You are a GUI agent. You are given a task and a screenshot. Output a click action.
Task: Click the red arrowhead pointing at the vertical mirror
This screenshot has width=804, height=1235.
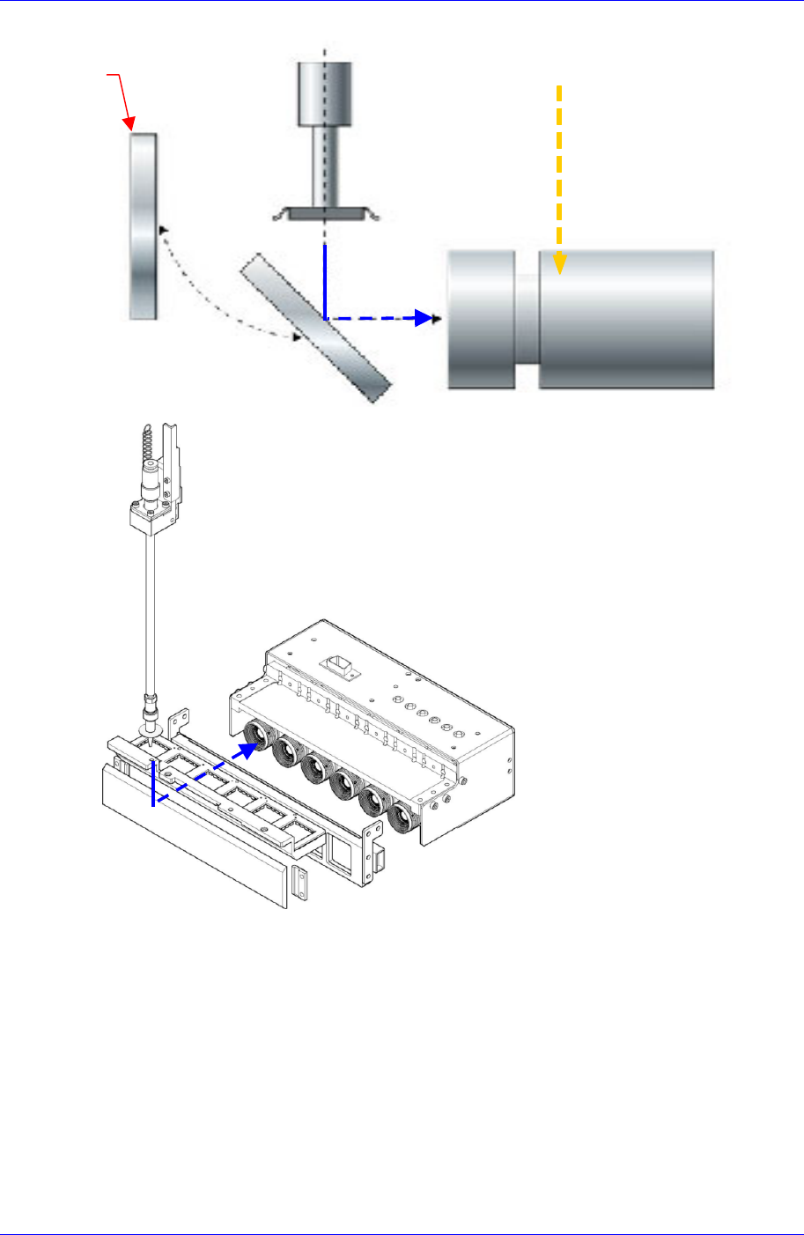[129, 125]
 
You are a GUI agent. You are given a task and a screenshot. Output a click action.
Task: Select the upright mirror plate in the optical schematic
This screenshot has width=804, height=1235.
[144, 226]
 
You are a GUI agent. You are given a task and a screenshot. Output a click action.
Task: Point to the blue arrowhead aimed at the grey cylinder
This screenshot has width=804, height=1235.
[427, 318]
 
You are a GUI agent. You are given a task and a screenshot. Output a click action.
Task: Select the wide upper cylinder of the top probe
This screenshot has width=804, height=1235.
[325, 93]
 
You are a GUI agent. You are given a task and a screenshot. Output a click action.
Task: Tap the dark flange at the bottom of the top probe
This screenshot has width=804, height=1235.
[325, 212]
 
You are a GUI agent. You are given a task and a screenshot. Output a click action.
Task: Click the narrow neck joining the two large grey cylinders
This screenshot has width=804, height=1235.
[527, 320]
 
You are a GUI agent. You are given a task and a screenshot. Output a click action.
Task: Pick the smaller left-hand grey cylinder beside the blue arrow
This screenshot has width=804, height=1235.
[481, 319]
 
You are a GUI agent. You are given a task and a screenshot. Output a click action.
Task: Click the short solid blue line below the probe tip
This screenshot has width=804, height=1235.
[153, 783]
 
